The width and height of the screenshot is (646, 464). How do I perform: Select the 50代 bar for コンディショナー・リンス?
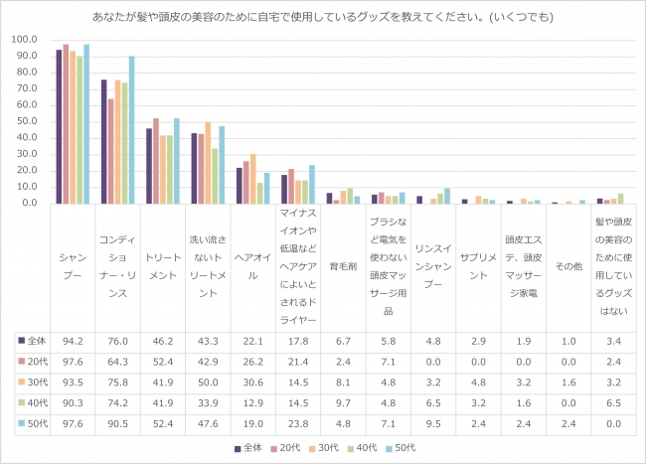[131, 129]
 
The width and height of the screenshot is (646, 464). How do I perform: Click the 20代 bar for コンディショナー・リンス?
[110, 151]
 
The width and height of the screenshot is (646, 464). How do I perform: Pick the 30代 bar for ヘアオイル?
[253, 179]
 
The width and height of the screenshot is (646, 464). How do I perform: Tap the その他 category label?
[566, 267]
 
